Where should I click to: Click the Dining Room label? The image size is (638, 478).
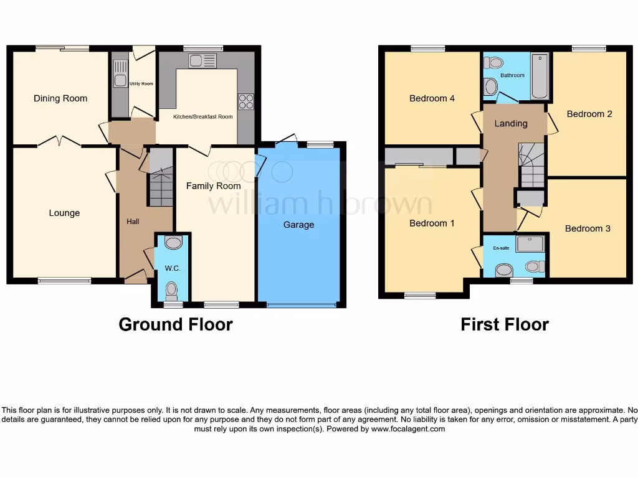pyautogui.click(x=60, y=98)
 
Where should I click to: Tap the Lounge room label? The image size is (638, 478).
pyautogui.click(x=64, y=213)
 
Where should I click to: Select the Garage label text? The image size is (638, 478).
pyautogui.click(x=298, y=225)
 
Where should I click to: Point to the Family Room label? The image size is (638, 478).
pyautogui.click(x=214, y=185)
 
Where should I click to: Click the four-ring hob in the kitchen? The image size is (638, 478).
pyautogui.click(x=245, y=101)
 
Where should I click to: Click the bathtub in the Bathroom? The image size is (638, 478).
pyautogui.click(x=539, y=77)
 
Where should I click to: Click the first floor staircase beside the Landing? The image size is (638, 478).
pyautogui.click(x=531, y=165)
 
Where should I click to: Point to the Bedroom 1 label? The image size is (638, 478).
pyautogui.click(x=428, y=223)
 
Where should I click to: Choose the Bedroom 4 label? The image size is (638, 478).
pyautogui.click(x=432, y=98)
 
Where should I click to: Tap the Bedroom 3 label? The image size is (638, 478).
pyautogui.click(x=588, y=228)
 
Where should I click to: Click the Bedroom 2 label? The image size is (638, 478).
pyautogui.click(x=589, y=114)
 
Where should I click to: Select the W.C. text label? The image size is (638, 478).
pyautogui.click(x=172, y=269)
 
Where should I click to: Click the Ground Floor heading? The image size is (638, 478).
pyautogui.click(x=176, y=324)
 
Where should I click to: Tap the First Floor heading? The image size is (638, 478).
pyautogui.click(x=505, y=324)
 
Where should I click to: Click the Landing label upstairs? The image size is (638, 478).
pyautogui.click(x=511, y=123)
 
